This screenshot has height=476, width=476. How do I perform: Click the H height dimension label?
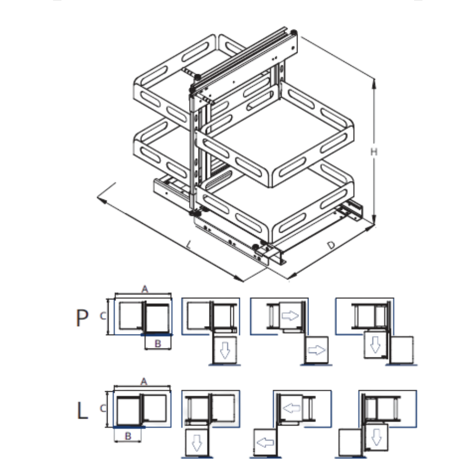pos(374,151)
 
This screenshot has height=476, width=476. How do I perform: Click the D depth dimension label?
pos(331,245)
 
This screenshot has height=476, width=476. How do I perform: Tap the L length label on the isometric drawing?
pos(189,244)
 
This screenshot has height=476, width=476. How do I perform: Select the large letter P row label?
pos(82,318)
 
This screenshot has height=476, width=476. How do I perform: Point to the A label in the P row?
pos(145,289)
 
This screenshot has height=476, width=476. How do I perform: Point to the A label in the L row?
pos(144,382)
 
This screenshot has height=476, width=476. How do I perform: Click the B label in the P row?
pos(158,344)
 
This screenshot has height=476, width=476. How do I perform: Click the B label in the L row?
pos(128,436)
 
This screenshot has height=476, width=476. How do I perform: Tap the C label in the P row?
pos(103,316)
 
